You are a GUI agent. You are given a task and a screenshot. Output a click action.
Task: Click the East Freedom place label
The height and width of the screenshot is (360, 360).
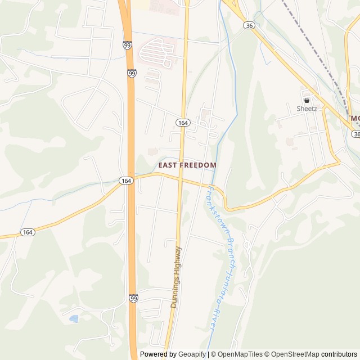tap(187, 165)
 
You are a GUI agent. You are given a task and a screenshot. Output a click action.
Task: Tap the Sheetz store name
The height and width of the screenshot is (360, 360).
tap(307, 109)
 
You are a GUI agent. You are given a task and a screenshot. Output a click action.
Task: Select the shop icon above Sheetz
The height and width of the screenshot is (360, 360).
tap(307, 100)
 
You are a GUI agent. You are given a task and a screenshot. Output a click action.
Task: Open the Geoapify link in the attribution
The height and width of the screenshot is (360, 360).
tap(192, 354)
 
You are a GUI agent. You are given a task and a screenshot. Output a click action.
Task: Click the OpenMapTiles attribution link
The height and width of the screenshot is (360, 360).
tap(240, 354)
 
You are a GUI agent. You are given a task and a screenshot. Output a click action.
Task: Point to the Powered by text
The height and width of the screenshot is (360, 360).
tap(158, 354)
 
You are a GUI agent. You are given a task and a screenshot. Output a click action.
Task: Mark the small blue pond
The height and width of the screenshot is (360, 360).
tap(74, 319)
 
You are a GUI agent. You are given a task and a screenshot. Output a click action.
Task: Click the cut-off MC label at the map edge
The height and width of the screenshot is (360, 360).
tap(354, 119)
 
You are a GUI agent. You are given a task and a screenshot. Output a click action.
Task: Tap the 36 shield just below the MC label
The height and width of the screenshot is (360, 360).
tap(356, 134)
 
